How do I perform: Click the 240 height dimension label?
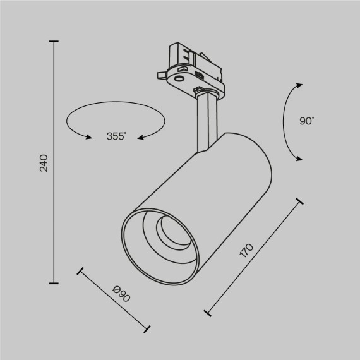[44, 163]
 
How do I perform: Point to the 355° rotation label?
[116, 136]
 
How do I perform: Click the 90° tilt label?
[308, 121]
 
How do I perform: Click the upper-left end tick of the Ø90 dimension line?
[80, 273]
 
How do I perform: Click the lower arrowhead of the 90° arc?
[301, 158]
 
